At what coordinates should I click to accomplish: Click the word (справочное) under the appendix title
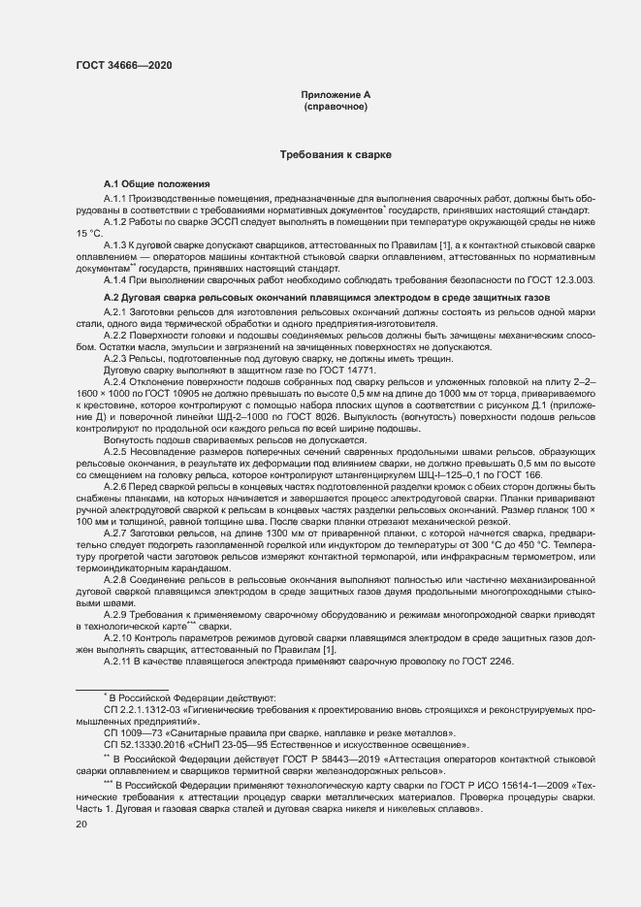click(x=336, y=107)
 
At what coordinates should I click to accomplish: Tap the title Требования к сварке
click(x=336, y=154)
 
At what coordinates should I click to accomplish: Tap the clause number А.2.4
click(x=115, y=382)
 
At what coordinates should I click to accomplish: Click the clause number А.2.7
click(x=115, y=534)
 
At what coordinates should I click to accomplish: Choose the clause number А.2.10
click(x=117, y=640)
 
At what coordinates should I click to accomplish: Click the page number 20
click(x=81, y=825)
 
